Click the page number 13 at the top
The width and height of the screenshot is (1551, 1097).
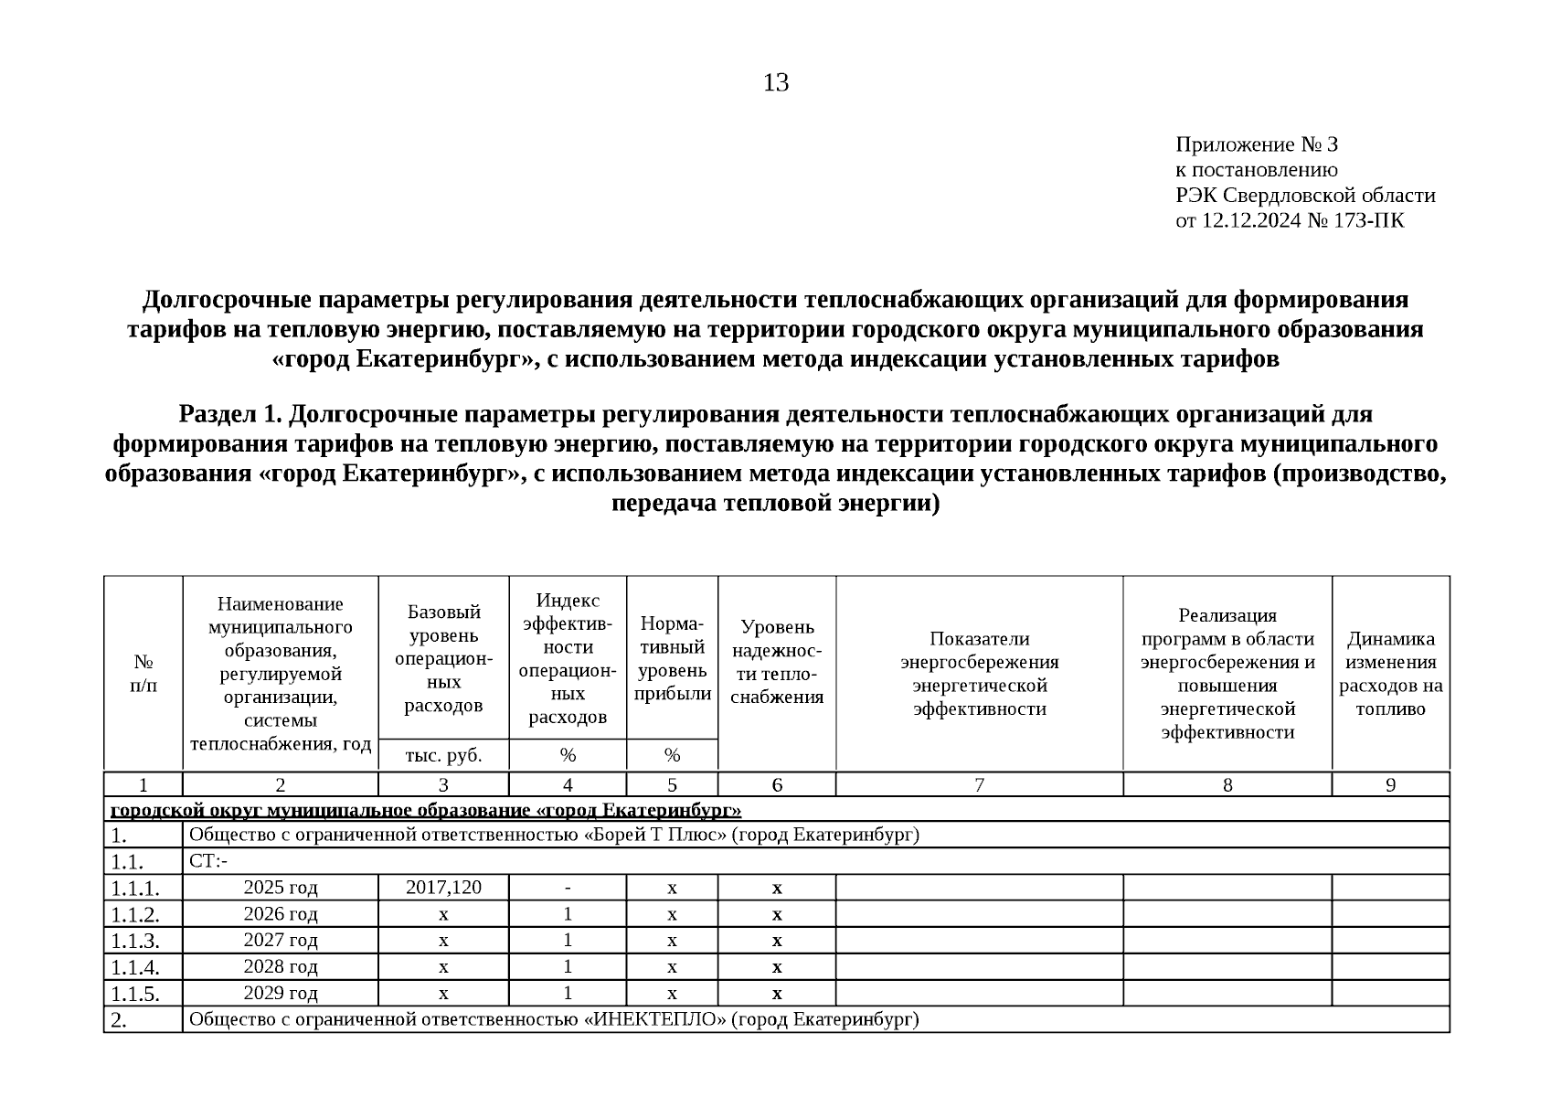[775, 83]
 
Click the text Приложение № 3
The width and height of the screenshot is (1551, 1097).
[1256, 144]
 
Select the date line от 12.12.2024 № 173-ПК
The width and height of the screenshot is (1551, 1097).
[1289, 220]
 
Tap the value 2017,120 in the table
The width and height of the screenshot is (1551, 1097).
[443, 887]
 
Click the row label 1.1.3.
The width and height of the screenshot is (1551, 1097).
[135, 941]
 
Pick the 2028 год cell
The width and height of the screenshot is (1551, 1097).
[281, 966]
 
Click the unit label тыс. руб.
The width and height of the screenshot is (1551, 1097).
[443, 755]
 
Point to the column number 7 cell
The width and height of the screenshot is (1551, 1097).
[979, 784]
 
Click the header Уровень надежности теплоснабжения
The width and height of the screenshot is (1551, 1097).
[777, 662]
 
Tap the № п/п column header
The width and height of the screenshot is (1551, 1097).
[143, 673]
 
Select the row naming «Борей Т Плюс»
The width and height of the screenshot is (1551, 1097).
[553, 835]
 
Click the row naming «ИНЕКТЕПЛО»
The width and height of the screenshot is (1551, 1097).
[553, 1019]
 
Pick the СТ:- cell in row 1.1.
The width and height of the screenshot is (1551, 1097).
[208, 861]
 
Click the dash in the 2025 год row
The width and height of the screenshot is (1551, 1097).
[568, 887]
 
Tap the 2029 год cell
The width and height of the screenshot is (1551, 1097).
[281, 993]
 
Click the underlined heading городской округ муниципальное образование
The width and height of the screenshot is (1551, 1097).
[425, 810]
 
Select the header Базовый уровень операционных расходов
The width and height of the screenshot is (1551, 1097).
[443, 658]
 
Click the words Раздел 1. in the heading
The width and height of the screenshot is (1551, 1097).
[229, 415]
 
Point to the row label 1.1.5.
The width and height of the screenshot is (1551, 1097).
[135, 994]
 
